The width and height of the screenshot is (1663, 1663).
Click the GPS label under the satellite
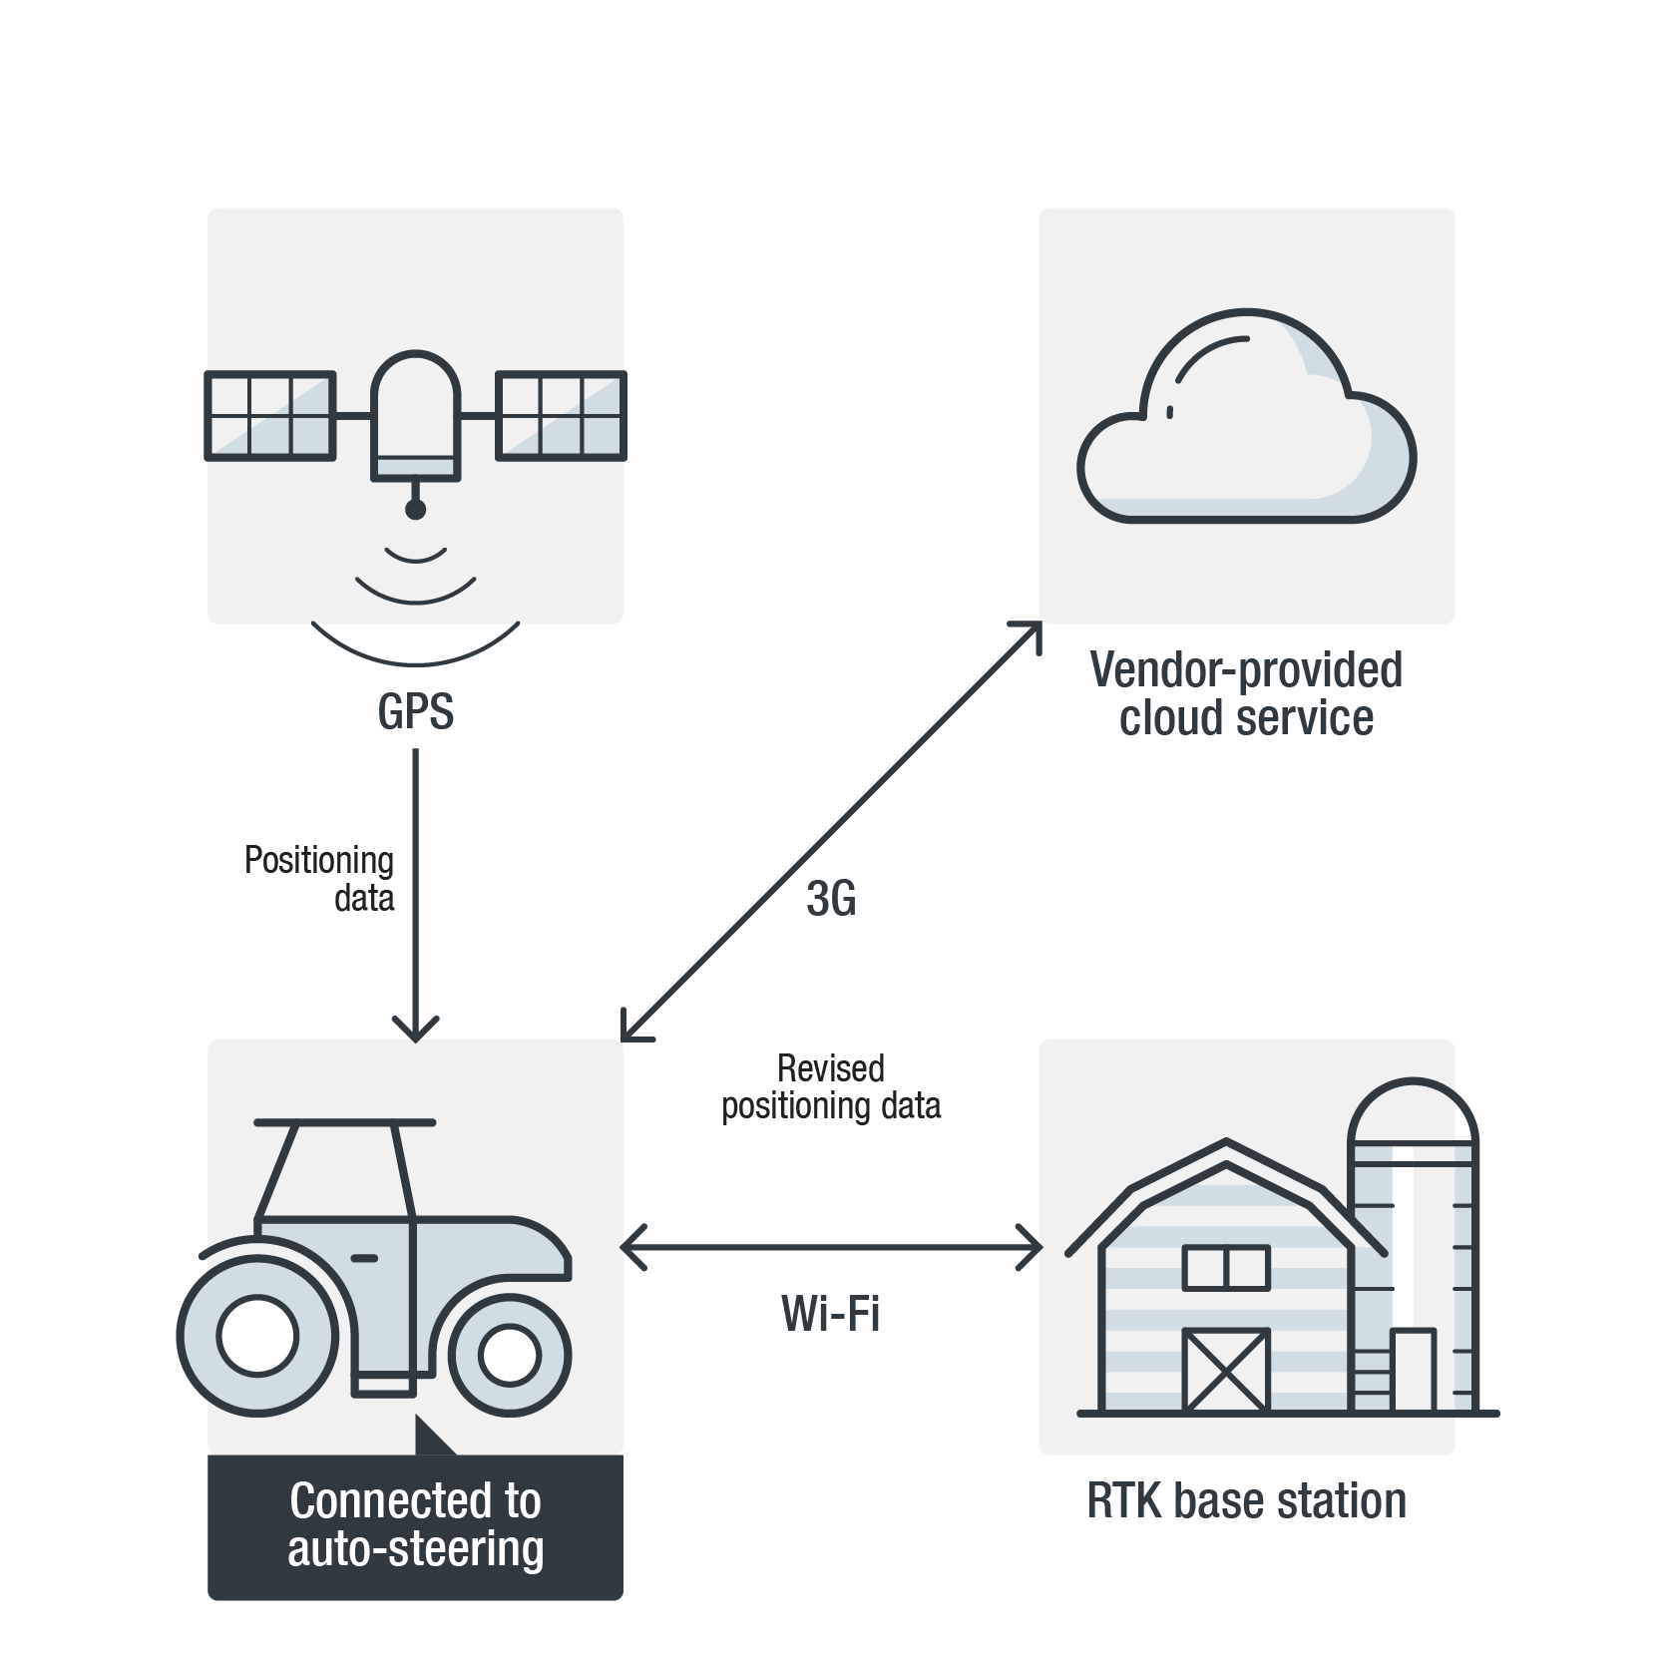pyautogui.click(x=415, y=712)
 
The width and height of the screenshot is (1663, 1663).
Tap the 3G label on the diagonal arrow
pyautogui.click(x=831, y=899)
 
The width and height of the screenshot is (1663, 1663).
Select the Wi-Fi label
pyautogui.click(x=831, y=1314)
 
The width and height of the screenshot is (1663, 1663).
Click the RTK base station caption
pyautogui.click(x=1246, y=1501)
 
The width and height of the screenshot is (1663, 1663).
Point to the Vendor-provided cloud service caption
pyautogui.click(x=1246, y=693)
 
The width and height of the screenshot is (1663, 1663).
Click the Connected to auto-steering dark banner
pyautogui.click(x=415, y=1526)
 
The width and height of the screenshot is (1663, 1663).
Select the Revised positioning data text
pyautogui.click(x=831, y=1087)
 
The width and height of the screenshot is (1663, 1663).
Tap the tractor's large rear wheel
pyautogui.click(x=257, y=1335)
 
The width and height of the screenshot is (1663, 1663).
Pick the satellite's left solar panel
pyautogui.click(x=270, y=416)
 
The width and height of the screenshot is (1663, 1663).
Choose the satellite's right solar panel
pyautogui.click(x=561, y=416)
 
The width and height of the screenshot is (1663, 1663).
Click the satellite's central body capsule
pyautogui.click(x=415, y=414)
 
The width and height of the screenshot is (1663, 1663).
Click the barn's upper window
pyautogui.click(x=1226, y=1268)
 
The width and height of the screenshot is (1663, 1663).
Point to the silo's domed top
pyautogui.click(x=1413, y=1109)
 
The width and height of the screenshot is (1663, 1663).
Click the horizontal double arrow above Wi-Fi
pyautogui.click(x=831, y=1247)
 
